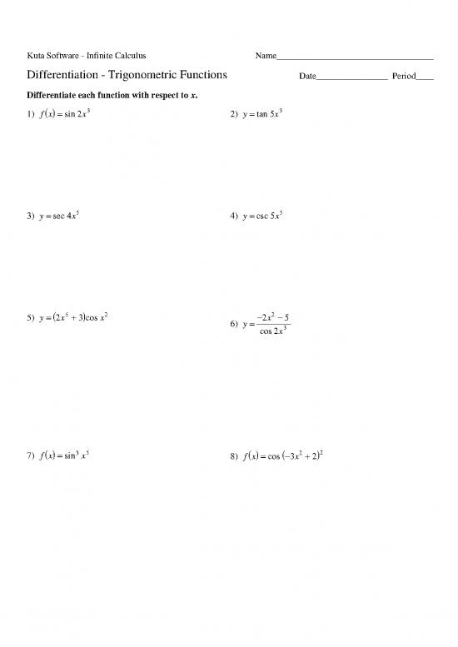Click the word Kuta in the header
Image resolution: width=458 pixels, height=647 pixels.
37,56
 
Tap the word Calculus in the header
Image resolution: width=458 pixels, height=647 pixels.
128,56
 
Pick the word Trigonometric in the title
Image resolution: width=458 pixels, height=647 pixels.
147,76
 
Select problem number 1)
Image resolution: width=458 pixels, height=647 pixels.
32,115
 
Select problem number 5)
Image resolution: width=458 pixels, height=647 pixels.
32,318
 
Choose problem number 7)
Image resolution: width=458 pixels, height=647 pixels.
32,455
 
